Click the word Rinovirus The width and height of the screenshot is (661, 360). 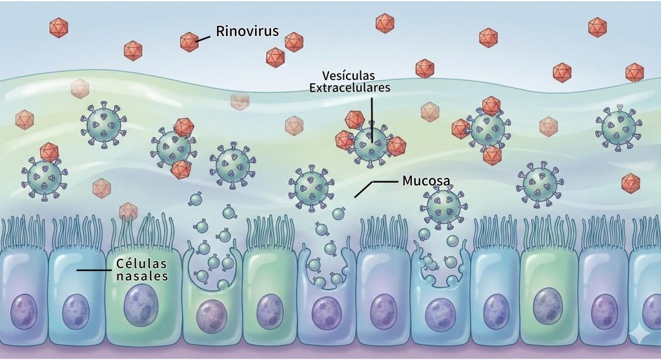(247, 32)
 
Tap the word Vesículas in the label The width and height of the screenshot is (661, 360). (350, 75)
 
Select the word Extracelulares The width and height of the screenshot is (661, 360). (350, 88)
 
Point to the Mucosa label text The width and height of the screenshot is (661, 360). (426, 180)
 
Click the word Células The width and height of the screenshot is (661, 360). (141, 264)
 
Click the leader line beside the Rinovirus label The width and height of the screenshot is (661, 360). (203, 38)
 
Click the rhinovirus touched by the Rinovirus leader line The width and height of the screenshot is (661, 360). (188, 42)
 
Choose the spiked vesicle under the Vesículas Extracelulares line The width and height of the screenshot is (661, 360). (370, 143)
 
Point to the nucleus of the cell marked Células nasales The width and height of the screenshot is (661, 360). (76, 309)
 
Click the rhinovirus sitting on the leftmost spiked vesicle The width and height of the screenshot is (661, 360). (49, 152)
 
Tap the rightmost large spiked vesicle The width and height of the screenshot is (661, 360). (618, 128)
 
